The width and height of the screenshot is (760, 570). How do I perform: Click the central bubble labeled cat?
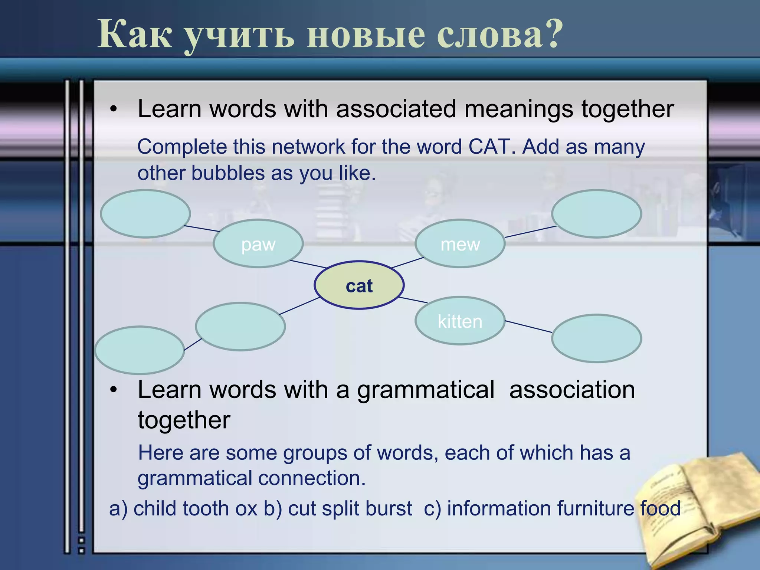359,285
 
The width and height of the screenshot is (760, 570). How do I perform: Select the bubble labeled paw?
258,244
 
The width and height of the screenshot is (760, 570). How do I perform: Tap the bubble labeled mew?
460,244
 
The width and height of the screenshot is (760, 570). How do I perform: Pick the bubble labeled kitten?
460,321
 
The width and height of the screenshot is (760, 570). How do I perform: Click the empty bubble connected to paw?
145,214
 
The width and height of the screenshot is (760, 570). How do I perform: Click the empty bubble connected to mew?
596,214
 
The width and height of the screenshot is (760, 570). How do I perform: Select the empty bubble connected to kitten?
596,338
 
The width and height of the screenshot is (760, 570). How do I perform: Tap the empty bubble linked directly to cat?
240,327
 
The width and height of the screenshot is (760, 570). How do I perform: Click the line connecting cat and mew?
407,262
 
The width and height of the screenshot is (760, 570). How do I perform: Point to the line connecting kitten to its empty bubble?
528,327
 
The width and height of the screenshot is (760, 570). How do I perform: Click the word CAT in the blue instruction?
489,147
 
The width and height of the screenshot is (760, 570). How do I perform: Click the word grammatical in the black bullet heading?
426,390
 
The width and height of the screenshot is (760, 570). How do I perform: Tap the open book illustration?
698,512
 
